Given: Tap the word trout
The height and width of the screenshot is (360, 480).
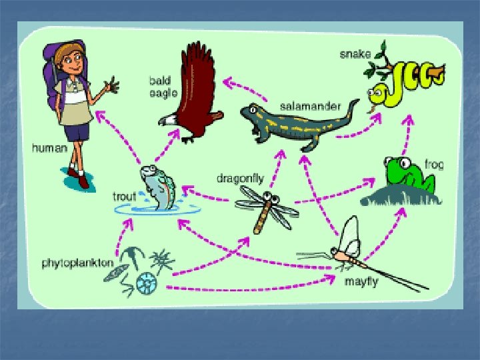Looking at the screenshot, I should [125, 197].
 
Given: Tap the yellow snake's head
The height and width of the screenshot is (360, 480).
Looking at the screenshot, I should [377, 91].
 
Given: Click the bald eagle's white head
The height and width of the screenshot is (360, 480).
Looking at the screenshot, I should [171, 120].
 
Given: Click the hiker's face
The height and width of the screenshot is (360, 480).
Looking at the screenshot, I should [69, 63].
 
